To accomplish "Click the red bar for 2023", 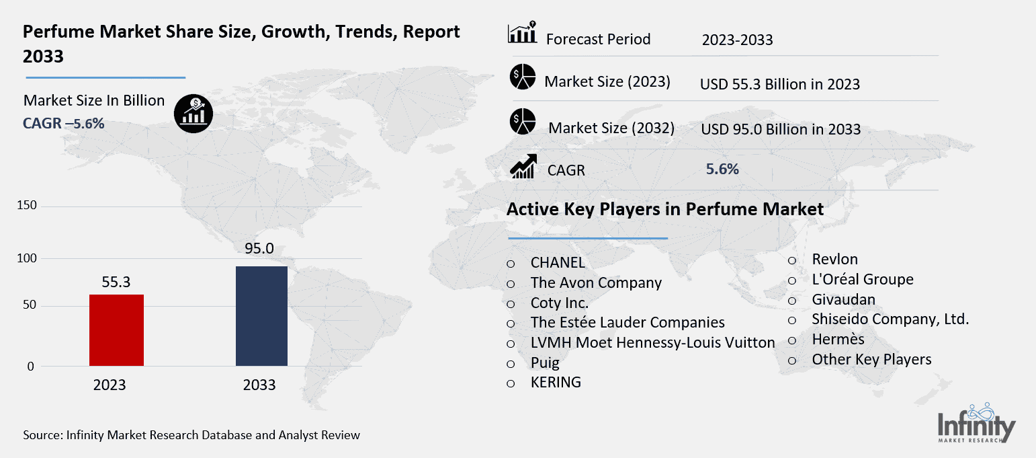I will point(116,330).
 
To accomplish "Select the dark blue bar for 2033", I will point(261,316).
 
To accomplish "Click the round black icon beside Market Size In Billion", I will point(193,112).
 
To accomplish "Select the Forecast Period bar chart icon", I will point(522,33).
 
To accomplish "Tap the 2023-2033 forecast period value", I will point(737,40).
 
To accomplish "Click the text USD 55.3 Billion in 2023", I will point(779,84).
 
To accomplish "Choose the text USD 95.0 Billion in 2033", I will point(780,129).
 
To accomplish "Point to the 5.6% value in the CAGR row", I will point(722,169).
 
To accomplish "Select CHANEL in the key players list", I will point(557,263).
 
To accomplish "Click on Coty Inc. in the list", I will point(559,303).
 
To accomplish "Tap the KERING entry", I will point(555,382).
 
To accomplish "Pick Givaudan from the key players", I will point(843,299).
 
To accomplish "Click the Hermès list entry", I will point(838,339).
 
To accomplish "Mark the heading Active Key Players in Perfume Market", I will point(664,209).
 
